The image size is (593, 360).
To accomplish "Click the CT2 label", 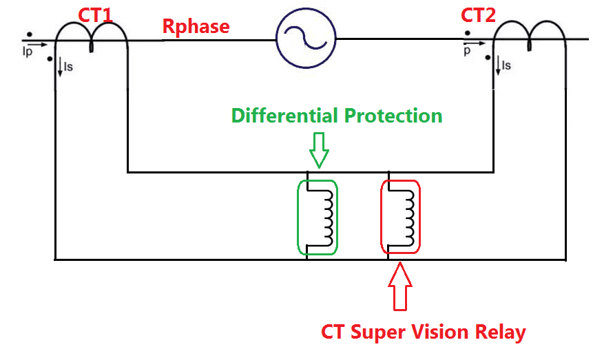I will (x=478, y=15).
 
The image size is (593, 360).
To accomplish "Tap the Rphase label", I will (x=196, y=27).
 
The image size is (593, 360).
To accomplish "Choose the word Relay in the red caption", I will (x=501, y=332).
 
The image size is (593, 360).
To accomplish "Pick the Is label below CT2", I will (x=507, y=65).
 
